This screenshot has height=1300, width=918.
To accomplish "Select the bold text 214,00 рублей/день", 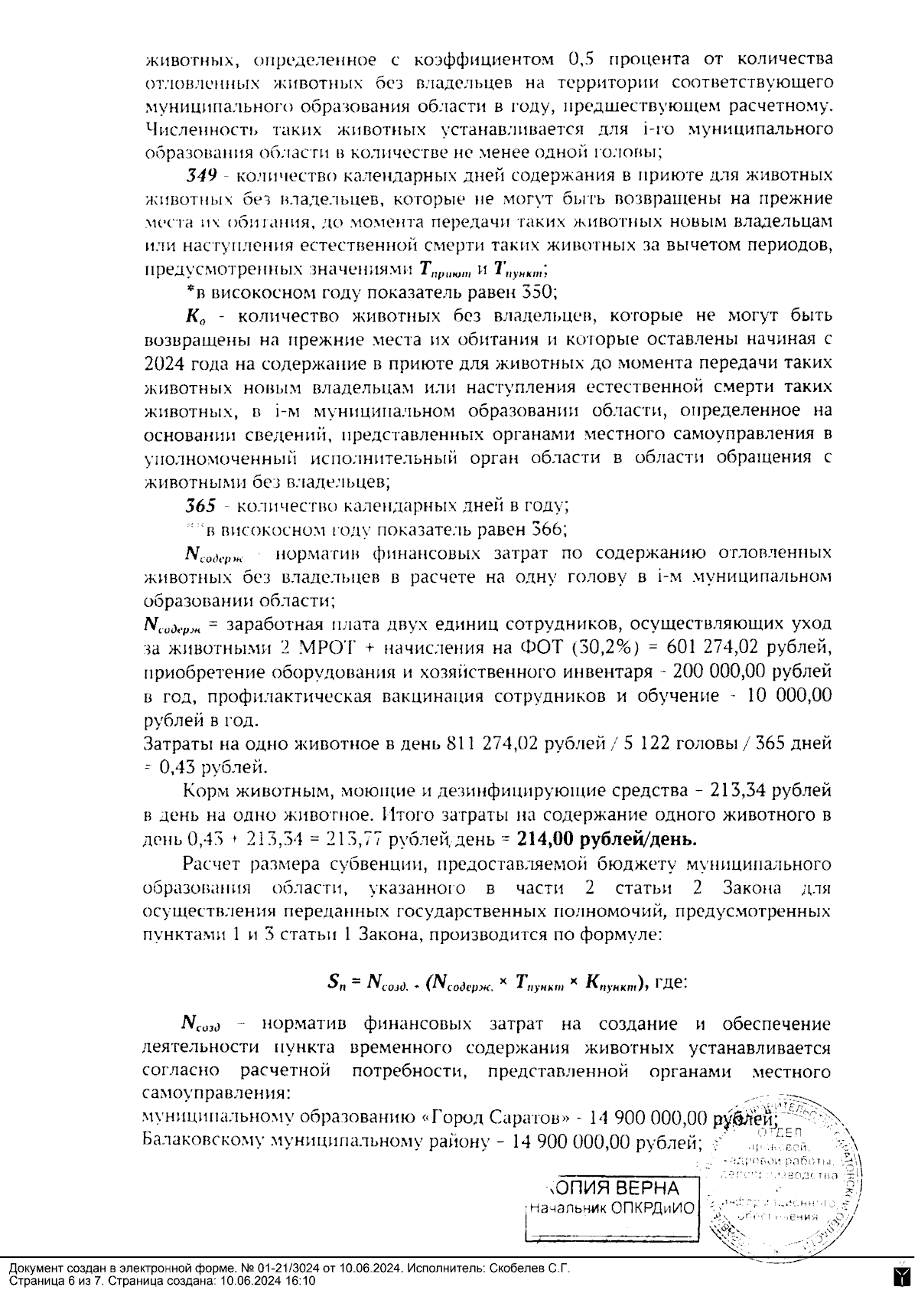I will tap(607, 838).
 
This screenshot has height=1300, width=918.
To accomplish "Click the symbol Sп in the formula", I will tap(337, 982).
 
